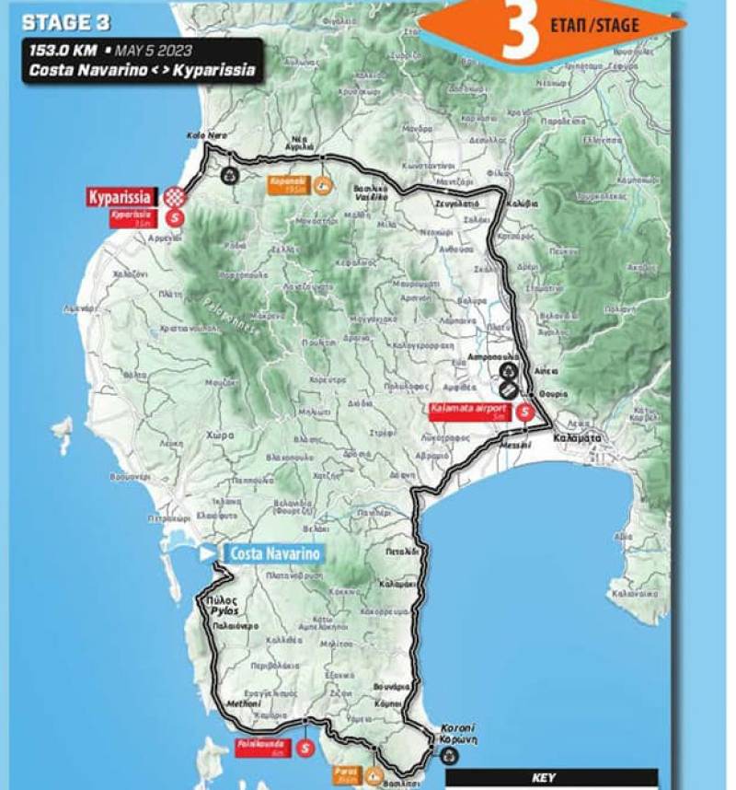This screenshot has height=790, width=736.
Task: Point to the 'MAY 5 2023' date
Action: point(150,51)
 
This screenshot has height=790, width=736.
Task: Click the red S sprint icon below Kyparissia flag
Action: point(176,217)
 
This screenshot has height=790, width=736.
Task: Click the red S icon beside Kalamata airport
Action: point(524,412)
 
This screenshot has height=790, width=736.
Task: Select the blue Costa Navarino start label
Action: point(273,553)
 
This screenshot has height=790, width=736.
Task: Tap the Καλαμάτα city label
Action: point(578,439)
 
